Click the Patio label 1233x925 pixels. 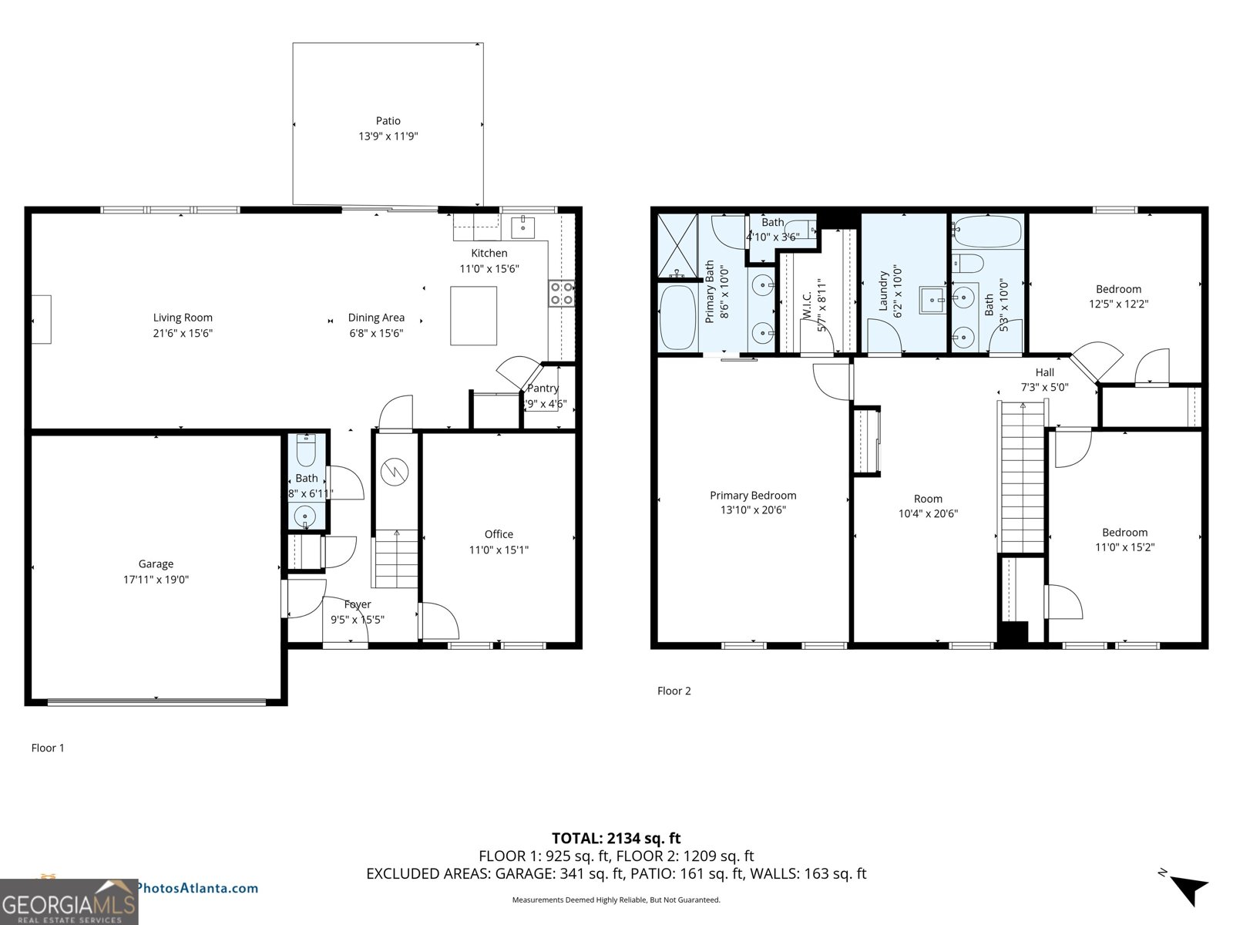(388, 121)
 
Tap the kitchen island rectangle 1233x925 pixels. (473, 315)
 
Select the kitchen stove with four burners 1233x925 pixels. (561, 294)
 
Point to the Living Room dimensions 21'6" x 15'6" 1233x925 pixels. (183, 333)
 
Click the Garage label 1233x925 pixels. (156, 564)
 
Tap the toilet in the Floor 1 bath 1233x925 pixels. (306, 452)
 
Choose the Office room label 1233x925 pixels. (499, 534)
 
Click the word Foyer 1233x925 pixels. (358, 605)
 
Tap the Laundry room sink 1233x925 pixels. (932, 300)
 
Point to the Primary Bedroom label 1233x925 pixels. (753, 496)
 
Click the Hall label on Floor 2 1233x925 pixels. (1044, 372)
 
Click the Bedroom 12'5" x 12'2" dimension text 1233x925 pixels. (1118, 304)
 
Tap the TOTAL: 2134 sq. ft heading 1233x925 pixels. (616, 838)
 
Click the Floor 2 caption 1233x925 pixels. (674, 691)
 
